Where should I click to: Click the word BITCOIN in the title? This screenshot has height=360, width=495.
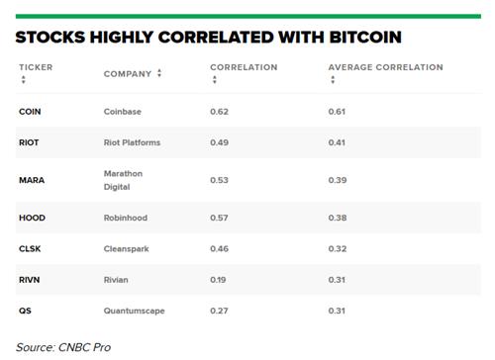[365, 37]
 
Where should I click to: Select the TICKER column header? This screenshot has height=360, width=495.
[36, 67]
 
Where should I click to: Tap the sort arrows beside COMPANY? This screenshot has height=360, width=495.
[159, 73]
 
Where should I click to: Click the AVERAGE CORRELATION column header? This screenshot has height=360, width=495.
[385, 67]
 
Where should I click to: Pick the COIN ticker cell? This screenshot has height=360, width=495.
[30, 112]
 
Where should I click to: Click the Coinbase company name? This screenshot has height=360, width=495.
[123, 112]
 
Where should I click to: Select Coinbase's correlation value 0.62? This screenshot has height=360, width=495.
[219, 112]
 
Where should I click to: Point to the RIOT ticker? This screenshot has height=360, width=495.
[29, 142]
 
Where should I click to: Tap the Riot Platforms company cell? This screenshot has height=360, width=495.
[132, 142]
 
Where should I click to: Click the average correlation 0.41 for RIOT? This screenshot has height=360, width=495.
[337, 142]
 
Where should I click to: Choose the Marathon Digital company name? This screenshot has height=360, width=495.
[123, 180]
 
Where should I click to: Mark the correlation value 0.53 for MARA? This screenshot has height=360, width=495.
[219, 180]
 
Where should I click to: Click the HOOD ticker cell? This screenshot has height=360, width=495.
[32, 218]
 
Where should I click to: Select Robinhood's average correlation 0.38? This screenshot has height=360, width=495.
[338, 218]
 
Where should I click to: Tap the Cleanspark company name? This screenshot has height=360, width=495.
[126, 249]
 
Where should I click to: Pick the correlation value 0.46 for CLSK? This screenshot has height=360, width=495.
[219, 249]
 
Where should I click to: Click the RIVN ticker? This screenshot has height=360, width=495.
[30, 280]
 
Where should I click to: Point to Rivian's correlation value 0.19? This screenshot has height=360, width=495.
[218, 280]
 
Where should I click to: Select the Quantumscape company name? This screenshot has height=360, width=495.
[134, 311]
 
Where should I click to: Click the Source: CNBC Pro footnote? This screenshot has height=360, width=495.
[63, 347]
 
